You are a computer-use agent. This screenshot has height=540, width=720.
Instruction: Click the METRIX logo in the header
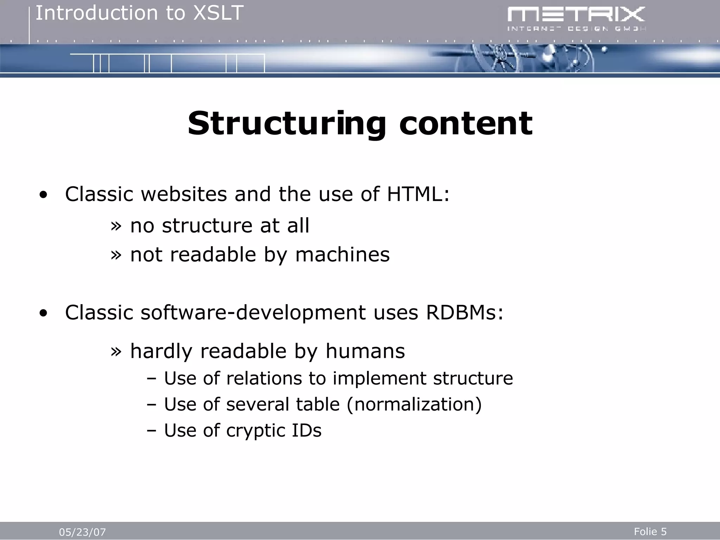576,19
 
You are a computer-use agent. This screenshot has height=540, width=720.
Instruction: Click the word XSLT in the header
219,13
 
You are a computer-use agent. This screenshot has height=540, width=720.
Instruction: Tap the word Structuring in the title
287,124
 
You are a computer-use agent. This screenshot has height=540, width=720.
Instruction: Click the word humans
365,351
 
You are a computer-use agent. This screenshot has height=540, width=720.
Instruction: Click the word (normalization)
414,404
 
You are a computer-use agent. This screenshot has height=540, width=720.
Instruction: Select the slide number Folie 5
650,532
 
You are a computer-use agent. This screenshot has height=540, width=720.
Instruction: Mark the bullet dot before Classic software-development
43,313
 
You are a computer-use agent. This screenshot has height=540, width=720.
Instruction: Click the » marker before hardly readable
116,351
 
